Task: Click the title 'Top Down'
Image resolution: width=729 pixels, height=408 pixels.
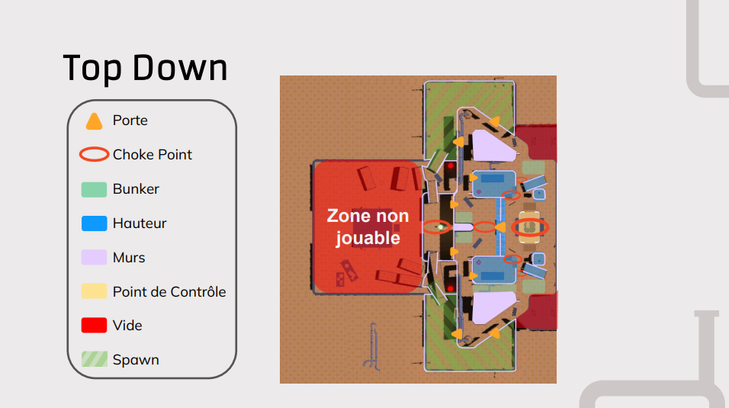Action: tap(145, 68)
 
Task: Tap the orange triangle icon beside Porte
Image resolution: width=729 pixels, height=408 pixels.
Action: tap(94, 121)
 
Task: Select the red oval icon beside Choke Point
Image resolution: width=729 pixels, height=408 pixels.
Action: tap(94, 155)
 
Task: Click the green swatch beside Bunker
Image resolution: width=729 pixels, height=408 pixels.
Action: tap(94, 189)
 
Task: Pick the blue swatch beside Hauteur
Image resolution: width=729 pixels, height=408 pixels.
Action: tap(94, 223)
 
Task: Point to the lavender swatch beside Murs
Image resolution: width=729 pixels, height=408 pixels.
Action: tap(94, 257)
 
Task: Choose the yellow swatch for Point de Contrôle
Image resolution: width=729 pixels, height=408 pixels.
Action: tap(94, 291)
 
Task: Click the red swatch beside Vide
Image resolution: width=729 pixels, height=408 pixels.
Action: tap(94, 325)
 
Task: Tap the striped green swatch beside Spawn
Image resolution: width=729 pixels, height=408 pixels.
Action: tap(94, 359)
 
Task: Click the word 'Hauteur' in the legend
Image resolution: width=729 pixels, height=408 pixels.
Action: tap(140, 223)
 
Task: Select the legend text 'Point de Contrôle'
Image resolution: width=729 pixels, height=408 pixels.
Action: tap(169, 291)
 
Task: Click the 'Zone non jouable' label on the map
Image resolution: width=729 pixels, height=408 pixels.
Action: tap(368, 227)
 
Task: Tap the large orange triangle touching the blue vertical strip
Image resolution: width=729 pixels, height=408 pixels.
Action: tap(500, 227)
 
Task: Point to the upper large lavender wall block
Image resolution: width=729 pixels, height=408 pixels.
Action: tap(491, 146)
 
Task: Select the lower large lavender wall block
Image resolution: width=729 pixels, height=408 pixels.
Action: tap(491, 307)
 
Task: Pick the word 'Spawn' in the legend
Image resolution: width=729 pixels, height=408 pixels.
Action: tap(136, 360)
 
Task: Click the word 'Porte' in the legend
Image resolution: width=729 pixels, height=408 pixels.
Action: tap(130, 120)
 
